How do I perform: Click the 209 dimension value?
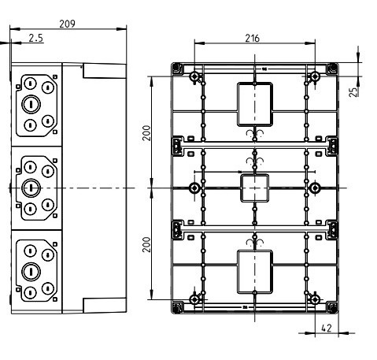[67, 24]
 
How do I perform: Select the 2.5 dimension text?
[36, 38]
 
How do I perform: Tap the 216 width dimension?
[253, 38]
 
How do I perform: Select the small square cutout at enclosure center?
[253, 188]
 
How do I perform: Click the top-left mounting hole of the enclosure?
[194, 76]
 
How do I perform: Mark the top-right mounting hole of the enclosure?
[315, 76]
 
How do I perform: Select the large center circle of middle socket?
[31, 187]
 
